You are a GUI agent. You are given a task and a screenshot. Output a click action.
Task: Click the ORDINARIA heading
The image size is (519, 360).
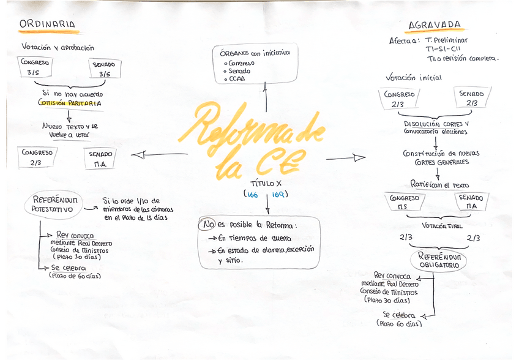coord(48,24)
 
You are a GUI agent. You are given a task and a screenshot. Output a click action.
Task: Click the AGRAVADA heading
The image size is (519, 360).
coord(435,25)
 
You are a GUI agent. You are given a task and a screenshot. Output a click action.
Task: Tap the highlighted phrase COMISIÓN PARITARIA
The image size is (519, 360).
coord(70,103)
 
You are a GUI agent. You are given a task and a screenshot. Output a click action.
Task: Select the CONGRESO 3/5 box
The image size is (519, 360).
coord(35,67)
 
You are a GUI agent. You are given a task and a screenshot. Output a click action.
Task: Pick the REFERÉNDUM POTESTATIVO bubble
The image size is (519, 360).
coord(55,204)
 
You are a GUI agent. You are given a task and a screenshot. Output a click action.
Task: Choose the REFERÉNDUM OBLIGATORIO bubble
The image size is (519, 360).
coord(439,261)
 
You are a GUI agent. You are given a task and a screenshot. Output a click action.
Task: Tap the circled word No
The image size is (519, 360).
coord(207,225)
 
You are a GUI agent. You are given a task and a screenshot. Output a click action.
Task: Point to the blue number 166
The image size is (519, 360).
coord(252,195)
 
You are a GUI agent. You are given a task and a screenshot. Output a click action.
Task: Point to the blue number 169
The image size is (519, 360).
coord(279,195)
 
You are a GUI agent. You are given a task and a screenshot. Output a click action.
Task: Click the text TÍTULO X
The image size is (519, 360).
coord(266,183)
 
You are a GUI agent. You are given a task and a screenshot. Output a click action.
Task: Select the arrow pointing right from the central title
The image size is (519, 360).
coord(346,158)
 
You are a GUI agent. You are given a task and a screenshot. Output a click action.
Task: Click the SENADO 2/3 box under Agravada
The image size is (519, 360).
coord(471,98)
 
